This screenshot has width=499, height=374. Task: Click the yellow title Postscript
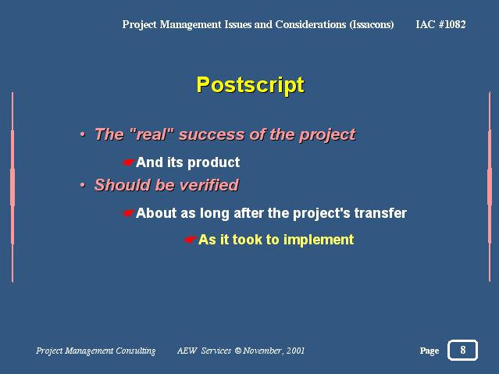(250, 85)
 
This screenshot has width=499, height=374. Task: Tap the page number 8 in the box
(463, 350)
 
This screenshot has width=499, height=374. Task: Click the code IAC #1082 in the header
(440, 24)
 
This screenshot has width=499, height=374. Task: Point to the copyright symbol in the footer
(238, 351)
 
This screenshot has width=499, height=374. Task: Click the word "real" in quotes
(152, 134)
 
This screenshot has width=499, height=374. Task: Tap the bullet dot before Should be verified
(83, 185)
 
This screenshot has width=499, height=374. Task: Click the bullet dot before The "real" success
(83, 134)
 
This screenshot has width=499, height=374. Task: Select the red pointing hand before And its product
(129, 162)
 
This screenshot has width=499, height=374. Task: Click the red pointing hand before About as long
(129, 213)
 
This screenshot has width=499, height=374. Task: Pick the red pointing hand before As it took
(191, 240)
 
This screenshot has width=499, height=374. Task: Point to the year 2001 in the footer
(295, 351)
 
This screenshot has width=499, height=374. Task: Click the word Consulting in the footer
(136, 351)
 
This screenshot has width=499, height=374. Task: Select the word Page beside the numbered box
(429, 351)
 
